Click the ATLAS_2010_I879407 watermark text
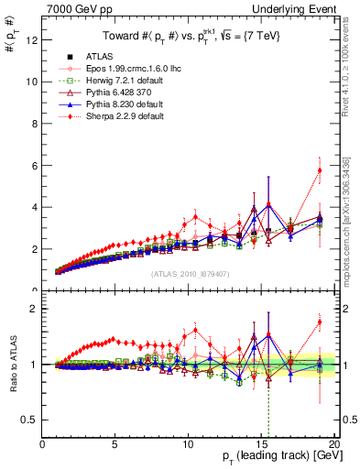point(191,274)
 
